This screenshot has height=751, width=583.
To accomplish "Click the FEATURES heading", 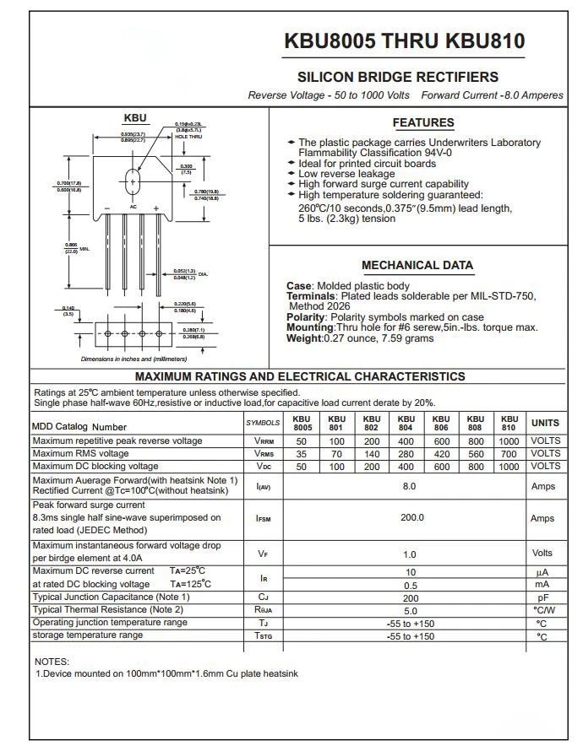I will pos(423,122).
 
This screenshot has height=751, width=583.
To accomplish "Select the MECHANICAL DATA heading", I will pos(417,265).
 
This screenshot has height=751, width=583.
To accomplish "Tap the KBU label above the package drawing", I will pos(135,118).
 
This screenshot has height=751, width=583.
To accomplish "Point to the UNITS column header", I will pos(544,423).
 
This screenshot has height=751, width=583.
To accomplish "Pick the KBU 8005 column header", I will pos(302,423).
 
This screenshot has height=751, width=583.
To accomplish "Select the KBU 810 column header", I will pos(509,423).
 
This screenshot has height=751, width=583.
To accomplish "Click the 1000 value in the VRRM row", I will pos(509,440).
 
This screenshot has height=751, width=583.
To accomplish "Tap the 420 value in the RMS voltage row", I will pos(440,453).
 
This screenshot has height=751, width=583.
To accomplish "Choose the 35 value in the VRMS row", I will pos(302,453).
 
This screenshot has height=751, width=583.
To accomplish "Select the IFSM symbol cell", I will pos(264,518).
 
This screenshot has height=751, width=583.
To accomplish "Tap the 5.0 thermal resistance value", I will pos(411,610).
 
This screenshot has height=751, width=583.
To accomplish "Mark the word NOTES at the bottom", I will pos(52,662).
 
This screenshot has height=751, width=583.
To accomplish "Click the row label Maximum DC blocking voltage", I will pos(95,466).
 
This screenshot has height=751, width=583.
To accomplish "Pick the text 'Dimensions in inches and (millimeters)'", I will pos(133,359).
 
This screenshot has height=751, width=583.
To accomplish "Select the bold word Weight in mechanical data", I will pos(304,338).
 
